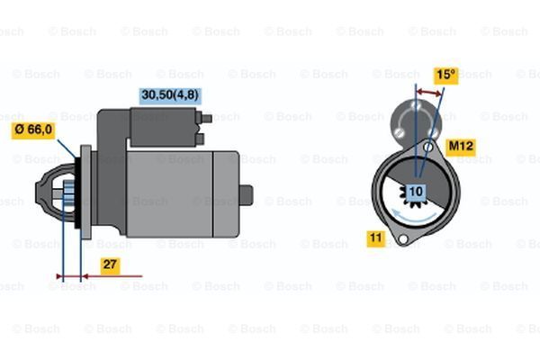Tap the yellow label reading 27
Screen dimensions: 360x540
pyautogui.click(x=109, y=265)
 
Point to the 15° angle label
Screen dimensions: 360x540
pyautogui.click(x=445, y=76)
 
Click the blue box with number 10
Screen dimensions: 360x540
pyautogui.click(x=416, y=191)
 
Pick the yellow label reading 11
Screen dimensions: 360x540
pyautogui.click(x=375, y=238)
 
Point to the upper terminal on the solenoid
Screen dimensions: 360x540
pyautogui.click(x=207, y=117)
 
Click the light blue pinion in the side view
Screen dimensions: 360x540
pyautogui.click(x=65, y=193)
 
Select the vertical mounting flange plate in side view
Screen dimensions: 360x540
pyautogui.click(x=85, y=193)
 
